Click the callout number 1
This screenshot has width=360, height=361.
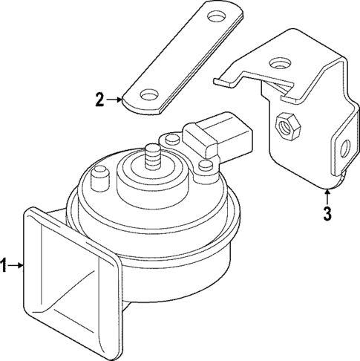click(4, 265)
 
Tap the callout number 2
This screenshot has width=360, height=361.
click(100, 100)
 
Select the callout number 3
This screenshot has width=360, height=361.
click(327, 214)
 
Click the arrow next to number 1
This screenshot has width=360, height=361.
click(16, 265)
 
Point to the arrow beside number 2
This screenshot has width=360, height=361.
click(114, 100)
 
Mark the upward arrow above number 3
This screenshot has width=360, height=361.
click(327, 197)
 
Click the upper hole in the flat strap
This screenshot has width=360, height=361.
click(217, 16)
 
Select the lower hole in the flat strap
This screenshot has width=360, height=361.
click(149, 94)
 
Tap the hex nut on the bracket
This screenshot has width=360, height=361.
click(288, 126)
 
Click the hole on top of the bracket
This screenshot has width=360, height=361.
click(279, 63)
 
